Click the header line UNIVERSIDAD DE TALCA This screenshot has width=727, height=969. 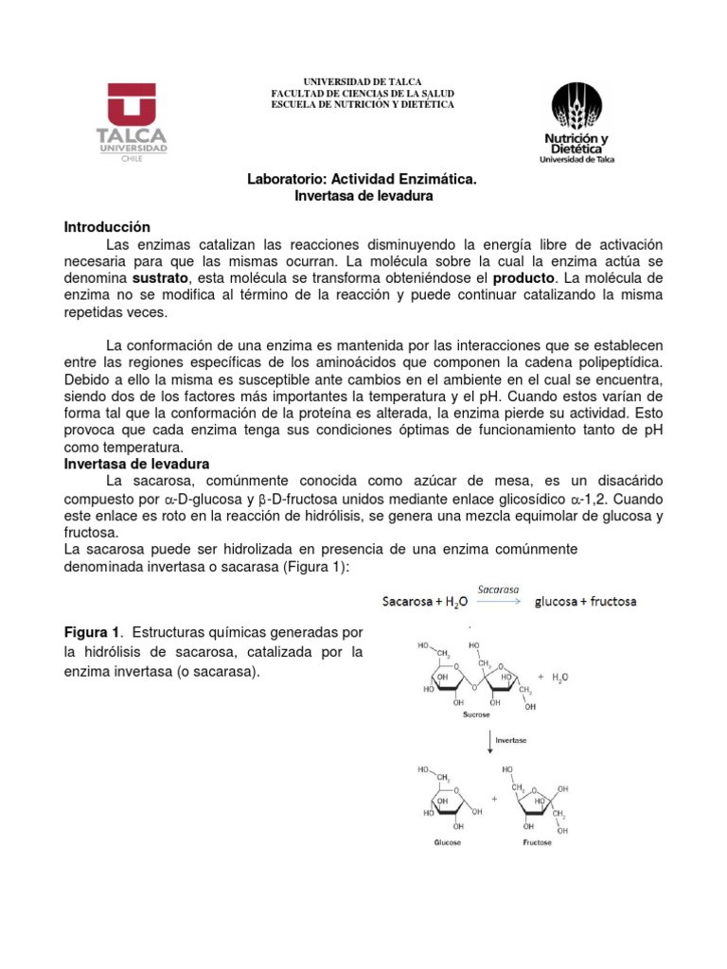click(362, 82)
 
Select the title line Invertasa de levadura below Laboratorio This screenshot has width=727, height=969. click(363, 196)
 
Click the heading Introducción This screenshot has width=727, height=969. click(107, 227)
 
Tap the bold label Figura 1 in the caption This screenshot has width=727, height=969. click(93, 632)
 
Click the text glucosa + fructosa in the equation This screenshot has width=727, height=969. click(586, 601)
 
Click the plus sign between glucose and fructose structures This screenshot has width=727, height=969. click(493, 799)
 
